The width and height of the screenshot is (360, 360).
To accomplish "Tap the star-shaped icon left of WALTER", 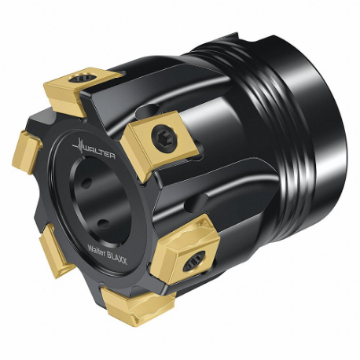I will coord(79,147).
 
